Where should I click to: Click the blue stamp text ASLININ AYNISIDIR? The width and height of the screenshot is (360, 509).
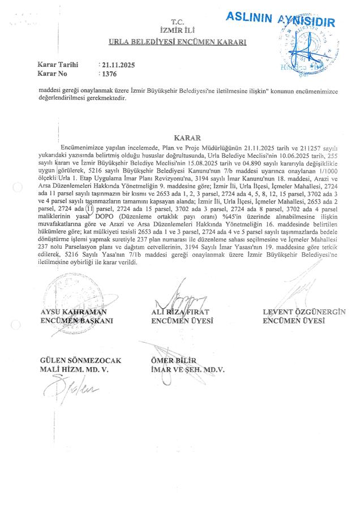click(x=280, y=20)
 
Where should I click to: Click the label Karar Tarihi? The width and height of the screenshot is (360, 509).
click(x=57, y=65)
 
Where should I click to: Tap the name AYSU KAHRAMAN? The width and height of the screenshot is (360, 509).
click(x=74, y=312)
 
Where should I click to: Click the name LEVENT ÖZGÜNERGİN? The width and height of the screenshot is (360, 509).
click(x=305, y=312)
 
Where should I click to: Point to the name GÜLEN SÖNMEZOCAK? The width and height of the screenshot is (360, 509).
click(x=80, y=361)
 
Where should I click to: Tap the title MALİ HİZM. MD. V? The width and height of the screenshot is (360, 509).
click(x=74, y=369)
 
